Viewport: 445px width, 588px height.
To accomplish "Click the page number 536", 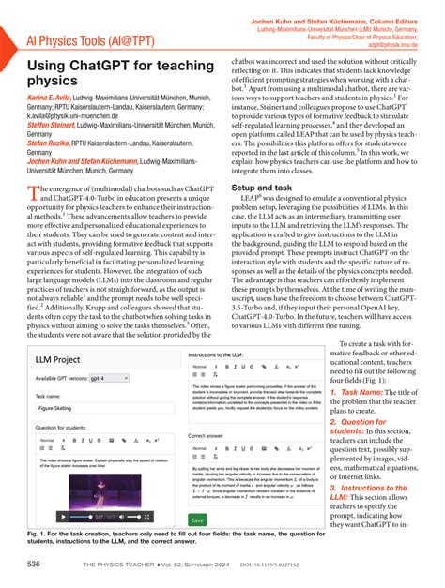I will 35,563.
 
